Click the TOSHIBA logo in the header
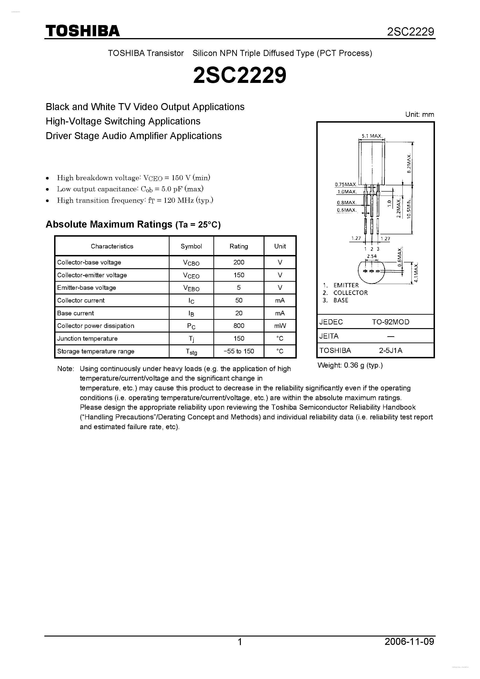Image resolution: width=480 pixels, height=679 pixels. pyautogui.click(x=82, y=31)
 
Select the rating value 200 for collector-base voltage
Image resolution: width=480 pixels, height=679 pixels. pyautogui.click(x=239, y=262)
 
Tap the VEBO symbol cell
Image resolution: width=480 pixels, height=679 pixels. pyautogui.click(x=191, y=288)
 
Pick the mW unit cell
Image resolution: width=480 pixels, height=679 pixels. pyautogui.click(x=280, y=326)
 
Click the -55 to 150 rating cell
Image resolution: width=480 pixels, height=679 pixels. pyautogui.click(x=239, y=351)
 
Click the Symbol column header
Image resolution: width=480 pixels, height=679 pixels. pyautogui.click(x=191, y=246)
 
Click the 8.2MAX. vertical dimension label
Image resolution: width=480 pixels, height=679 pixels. pyautogui.click(x=409, y=163)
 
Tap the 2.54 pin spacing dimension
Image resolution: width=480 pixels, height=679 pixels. pyautogui.click(x=372, y=256)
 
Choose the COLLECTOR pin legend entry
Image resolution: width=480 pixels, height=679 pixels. pyautogui.click(x=350, y=293)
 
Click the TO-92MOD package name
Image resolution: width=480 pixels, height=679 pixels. pyautogui.click(x=390, y=322)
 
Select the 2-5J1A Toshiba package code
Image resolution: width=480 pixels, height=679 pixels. pyautogui.click(x=390, y=351)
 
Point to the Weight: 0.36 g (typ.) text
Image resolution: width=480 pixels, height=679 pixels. pyautogui.click(x=350, y=366)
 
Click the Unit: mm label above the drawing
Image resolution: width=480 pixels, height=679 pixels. pyautogui.click(x=419, y=115)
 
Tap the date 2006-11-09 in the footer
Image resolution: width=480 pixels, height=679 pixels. pyautogui.click(x=409, y=642)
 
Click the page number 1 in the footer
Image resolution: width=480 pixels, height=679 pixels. pyautogui.click(x=240, y=642)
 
